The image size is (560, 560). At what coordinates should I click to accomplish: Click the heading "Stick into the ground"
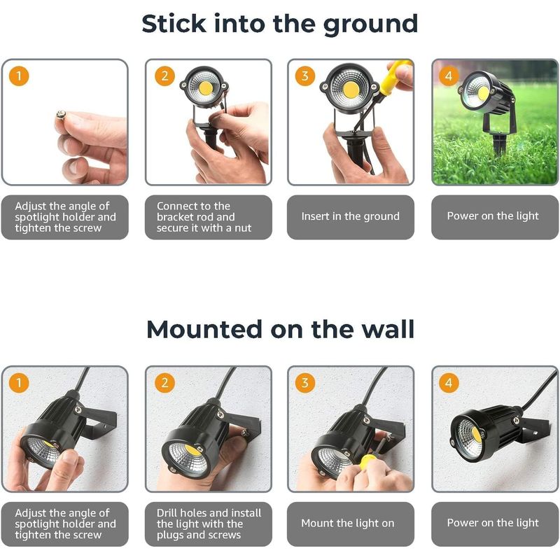click(x=279, y=24)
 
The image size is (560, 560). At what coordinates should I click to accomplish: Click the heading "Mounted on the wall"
click(x=281, y=329)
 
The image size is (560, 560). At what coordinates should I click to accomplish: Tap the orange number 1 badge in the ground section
click(x=19, y=76)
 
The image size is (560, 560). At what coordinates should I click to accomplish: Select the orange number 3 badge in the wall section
click(x=304, y=383)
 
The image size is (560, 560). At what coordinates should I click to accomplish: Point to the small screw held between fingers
click(x=60, y=115)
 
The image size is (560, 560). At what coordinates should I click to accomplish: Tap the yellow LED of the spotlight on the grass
click(x=483, y=93)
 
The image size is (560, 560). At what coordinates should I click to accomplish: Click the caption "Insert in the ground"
click(x=351, y=216)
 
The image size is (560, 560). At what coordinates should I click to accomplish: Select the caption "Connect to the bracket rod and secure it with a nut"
click(x=204, y=217)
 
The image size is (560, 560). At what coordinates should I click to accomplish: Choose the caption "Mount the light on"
click(x=347, y=523)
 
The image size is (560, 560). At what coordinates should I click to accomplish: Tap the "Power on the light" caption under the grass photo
click(x=493, y=216)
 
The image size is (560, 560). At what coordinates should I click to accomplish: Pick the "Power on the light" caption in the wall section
click(x=493, y=522)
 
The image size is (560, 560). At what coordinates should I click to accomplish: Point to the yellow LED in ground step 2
click(x=205, y=88)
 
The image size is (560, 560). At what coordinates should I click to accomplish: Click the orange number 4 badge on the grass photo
click(x=449, y=76)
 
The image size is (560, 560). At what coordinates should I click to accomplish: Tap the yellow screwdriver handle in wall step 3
click(x=368, y=461)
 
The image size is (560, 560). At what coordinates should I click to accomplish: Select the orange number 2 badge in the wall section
click(x=164, y=383)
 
